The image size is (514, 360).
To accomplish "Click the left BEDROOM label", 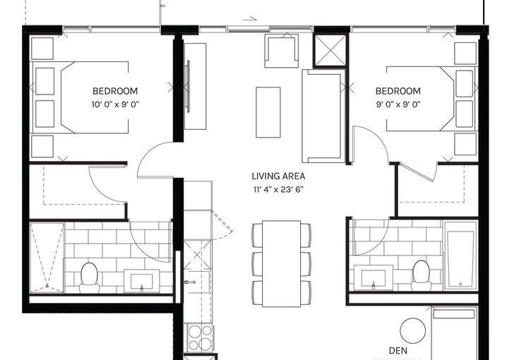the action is coord(114,91).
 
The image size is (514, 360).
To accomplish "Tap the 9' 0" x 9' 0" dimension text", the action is coord(398,104).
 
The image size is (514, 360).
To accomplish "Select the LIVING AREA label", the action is coord(278,176).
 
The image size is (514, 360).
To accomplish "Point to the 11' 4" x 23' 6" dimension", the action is coord(278,189).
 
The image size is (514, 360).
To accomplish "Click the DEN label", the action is coord(398,351).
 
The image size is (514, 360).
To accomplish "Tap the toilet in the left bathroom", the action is coord(89,277).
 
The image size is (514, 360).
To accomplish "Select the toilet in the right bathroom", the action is coord(422,275).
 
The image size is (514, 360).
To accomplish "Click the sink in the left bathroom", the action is coord(142,282).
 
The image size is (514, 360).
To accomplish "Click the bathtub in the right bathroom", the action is coord(460,256).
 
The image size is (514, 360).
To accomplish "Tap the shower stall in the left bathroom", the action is coord(47,258).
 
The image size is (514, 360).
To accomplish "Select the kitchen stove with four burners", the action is coord(201,337).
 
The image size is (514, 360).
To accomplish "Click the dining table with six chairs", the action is coord(281,263).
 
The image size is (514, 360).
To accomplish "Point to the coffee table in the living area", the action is coord(268,112).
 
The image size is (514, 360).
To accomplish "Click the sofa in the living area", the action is coord(323,116).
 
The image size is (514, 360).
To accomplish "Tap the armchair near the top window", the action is coord(282,51).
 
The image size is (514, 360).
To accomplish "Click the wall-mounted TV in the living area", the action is coord(188,87).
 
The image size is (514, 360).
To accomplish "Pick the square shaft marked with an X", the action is coord(331,51).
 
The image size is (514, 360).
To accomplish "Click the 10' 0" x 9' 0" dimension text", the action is coord(115,104).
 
